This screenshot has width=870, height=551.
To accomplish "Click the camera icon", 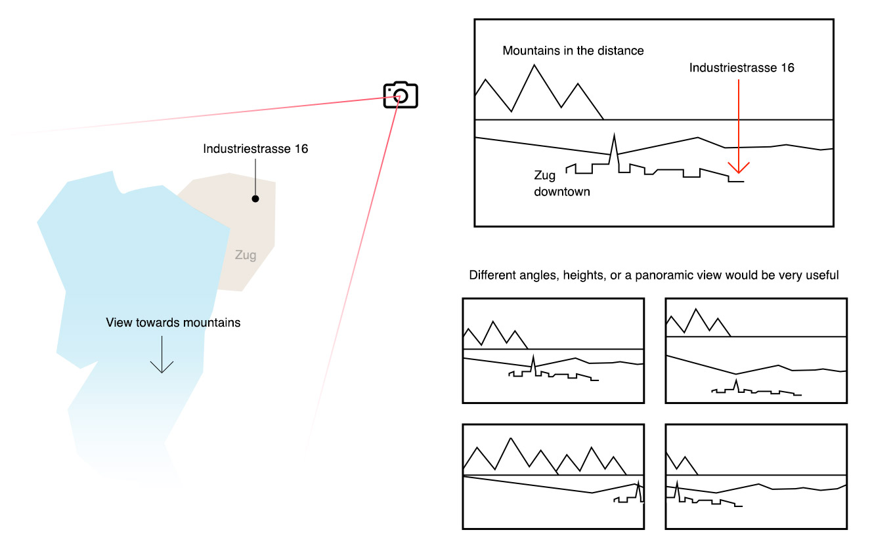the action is [x=401, y=94].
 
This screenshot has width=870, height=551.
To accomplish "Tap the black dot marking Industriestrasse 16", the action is [x=255, y=199].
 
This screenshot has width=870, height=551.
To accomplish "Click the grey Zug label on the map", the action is [x=246, y=255].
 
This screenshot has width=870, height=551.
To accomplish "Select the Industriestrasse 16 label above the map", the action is [x=255, y=149].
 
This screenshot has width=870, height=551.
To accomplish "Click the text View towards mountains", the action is [x=173, y=323].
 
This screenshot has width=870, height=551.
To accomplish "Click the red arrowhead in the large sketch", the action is [x=738, y=168].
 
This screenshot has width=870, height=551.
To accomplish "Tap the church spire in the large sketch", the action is [x=614, y=134].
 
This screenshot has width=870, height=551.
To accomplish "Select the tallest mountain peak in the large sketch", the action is [x=534, y=65].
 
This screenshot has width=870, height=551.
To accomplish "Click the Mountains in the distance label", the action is [x=573, y=51].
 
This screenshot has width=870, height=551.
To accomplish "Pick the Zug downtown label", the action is [x=561, y=184].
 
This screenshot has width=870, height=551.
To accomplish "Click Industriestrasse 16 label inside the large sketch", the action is [x=741, y=68].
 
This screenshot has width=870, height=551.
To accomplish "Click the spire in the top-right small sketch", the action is [x=736, y=380].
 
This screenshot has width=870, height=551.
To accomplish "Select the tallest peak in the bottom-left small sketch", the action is [x=511, y=438].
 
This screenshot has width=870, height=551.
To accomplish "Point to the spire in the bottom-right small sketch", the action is [x=678, y=481].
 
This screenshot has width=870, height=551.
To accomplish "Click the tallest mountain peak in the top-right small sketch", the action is [x=695, y=309].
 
